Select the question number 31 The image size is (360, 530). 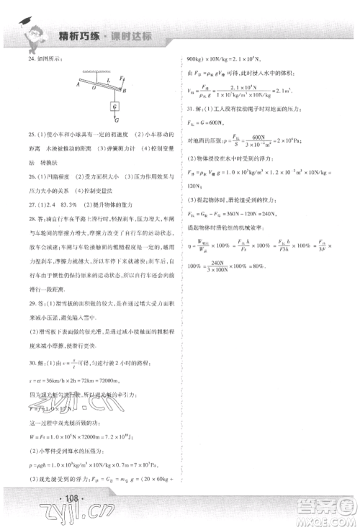tap(189, 127)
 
